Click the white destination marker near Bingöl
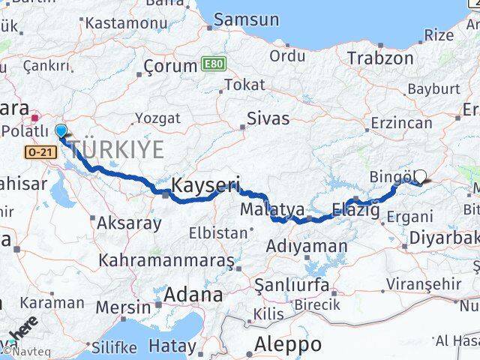[420, 177]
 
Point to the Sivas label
[268, 118]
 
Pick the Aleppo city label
[288, 344]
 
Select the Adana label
[193, 295]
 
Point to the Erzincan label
[400, 123]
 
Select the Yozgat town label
[157, 118]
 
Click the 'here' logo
[23, 330]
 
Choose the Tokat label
[244, 85]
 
